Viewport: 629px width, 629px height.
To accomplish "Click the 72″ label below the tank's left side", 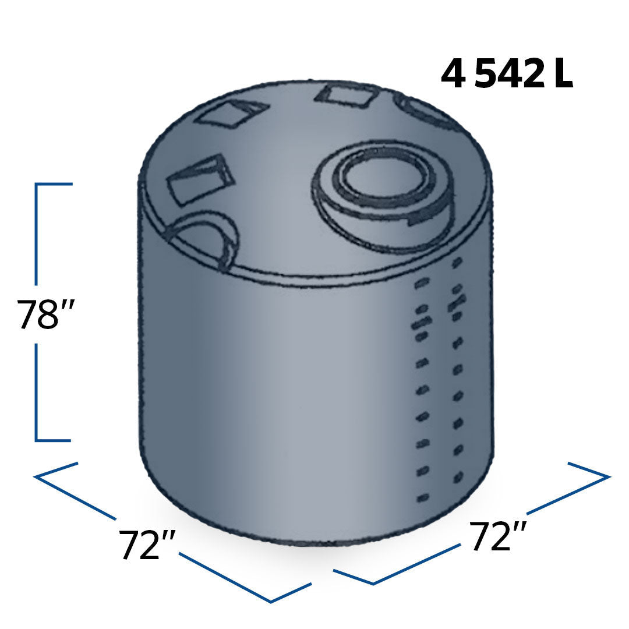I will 147,545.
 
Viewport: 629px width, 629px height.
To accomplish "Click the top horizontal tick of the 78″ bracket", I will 54,184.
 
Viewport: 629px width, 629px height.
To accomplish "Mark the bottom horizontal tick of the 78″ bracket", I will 54,440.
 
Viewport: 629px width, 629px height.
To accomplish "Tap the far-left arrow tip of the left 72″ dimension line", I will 36,477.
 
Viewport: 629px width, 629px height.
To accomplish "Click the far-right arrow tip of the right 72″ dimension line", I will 609,476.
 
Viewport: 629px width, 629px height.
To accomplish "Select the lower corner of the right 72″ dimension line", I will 373,583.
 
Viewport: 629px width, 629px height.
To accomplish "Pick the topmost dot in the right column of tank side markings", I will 457,262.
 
